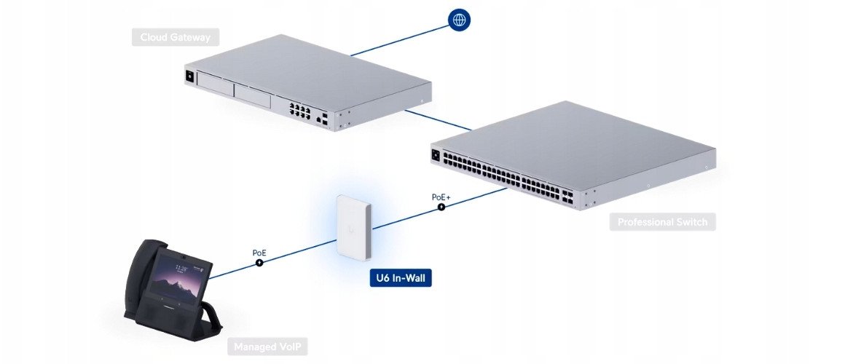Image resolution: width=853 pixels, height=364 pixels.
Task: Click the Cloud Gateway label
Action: [x=176, y=37]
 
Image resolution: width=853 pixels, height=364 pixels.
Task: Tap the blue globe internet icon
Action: [x=459, y=20]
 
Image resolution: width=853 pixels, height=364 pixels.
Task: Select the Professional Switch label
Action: [x=661, y=221]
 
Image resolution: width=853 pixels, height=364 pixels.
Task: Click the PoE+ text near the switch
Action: [x=441, y=196]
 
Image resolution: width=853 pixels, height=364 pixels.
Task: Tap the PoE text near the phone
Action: [x=259, y=253]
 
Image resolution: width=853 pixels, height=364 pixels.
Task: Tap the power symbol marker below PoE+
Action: [x=441, y=207]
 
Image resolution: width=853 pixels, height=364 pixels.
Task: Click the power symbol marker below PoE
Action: [x=259, y=263]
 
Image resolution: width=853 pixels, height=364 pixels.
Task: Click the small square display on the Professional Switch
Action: [x=437, y=154]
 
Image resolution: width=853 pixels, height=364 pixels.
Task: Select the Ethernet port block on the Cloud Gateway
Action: [x=299, y=111]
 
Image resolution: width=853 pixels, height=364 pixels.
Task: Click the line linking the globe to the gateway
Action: [x=401, y=38]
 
